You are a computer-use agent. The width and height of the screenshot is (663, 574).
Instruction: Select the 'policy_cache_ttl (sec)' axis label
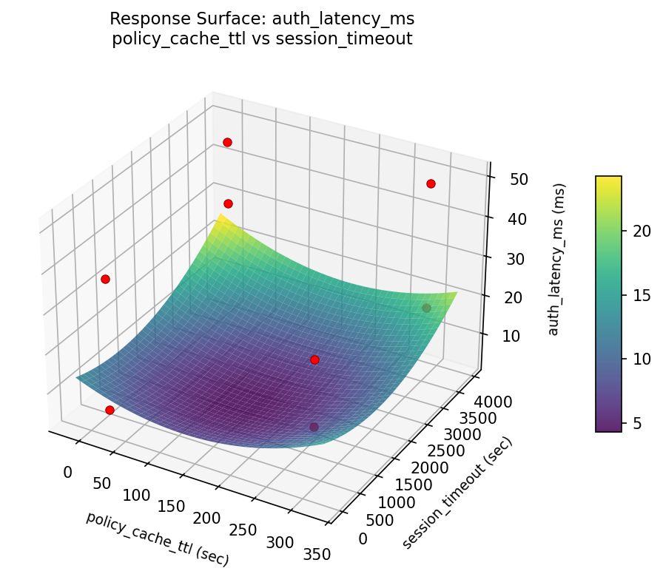tap(157, 538)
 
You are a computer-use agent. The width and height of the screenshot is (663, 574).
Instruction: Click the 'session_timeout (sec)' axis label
tap(457, 493)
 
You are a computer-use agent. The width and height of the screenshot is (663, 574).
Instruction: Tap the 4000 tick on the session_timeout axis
tap(494, 402)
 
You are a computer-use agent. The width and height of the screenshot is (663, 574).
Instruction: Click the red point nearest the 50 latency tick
tap(431, 183)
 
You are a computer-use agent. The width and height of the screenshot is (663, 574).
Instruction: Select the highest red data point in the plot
tap(227, 142)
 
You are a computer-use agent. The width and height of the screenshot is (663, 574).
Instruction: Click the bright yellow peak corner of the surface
tap(220, 217)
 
